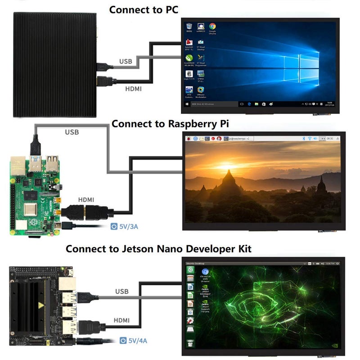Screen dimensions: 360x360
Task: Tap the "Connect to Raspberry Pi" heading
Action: [170, 124]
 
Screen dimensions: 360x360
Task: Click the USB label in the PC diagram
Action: [126, 61]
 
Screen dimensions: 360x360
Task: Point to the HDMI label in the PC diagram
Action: [133, 89]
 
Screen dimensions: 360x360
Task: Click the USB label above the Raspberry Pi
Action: [72, 132]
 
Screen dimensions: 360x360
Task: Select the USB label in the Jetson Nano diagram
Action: [121, 292]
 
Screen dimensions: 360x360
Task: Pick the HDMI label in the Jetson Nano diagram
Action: [122, 320]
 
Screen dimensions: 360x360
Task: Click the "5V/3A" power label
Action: [128, 226]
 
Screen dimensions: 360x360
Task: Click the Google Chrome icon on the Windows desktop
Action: [212, 27]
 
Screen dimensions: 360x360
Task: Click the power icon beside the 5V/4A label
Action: [123, 341]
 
